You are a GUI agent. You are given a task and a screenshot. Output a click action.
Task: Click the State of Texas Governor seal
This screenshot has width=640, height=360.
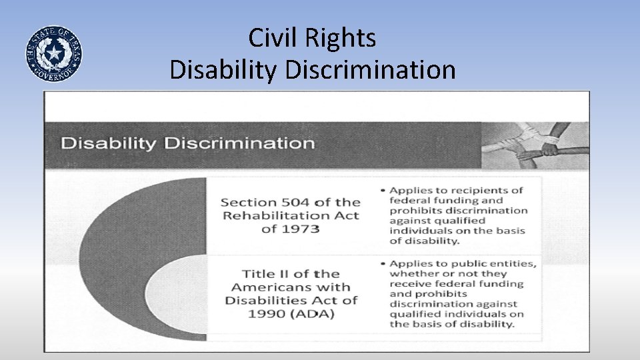[x=54, y=54]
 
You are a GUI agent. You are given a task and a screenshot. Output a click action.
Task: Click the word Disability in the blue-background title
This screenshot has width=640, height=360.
[x=224, y=70]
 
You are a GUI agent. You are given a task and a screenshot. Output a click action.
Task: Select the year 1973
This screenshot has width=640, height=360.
[x=299, y=229]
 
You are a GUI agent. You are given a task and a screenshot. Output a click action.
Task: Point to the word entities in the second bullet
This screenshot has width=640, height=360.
[x=513, y=263]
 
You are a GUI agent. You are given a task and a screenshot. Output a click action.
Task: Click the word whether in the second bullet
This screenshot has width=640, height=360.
[x=411, y=273]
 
